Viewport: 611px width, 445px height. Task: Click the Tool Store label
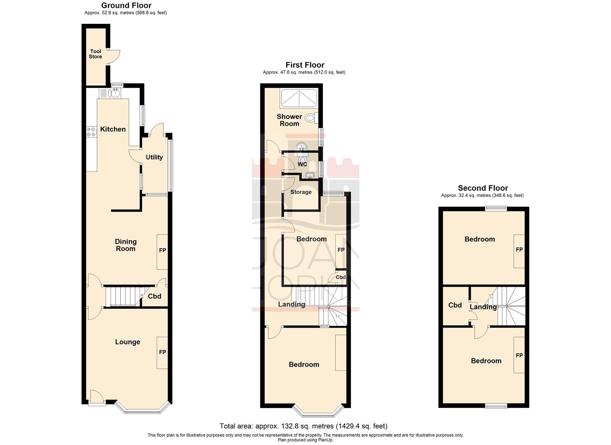point(95,54)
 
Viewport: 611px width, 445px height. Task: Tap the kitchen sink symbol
point(113,94)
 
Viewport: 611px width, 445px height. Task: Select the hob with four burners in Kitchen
point(91,132)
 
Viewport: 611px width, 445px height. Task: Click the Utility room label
point(154,157)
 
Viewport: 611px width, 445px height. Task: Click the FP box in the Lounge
point(162,353)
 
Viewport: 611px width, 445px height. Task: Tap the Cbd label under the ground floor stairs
point(154,296)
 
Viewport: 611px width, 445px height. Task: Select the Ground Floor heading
point(126,5)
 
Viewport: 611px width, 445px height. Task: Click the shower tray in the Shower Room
point(298,99)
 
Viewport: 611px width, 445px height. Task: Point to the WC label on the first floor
point(302,164)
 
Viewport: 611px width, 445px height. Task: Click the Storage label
point(301,192)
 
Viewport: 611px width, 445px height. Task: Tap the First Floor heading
point(305,65)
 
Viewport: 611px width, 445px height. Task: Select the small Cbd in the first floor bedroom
point(341,277)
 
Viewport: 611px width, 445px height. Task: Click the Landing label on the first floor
point(291,304)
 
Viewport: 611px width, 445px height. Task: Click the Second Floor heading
point(483,188)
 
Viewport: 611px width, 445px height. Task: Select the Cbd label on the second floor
point(455,305)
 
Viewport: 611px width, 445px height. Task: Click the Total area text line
point(303,426)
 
